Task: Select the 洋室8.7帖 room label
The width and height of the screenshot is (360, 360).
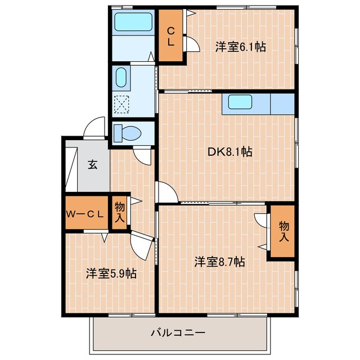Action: [219, 262]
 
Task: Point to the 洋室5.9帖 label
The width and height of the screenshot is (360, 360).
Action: [111, 273]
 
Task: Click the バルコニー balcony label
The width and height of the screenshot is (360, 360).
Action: [177, 332]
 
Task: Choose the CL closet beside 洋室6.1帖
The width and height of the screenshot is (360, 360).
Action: [170, 35]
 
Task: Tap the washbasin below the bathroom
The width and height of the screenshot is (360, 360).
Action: [120, 78]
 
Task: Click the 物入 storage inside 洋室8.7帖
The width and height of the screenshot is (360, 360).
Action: [283, 231]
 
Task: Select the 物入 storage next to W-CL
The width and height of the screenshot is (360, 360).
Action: [120, 213]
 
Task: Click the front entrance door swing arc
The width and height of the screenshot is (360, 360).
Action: [94, 127]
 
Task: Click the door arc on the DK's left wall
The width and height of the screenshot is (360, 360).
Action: [166, 193]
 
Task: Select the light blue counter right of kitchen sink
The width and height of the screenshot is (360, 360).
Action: [282, 103]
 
